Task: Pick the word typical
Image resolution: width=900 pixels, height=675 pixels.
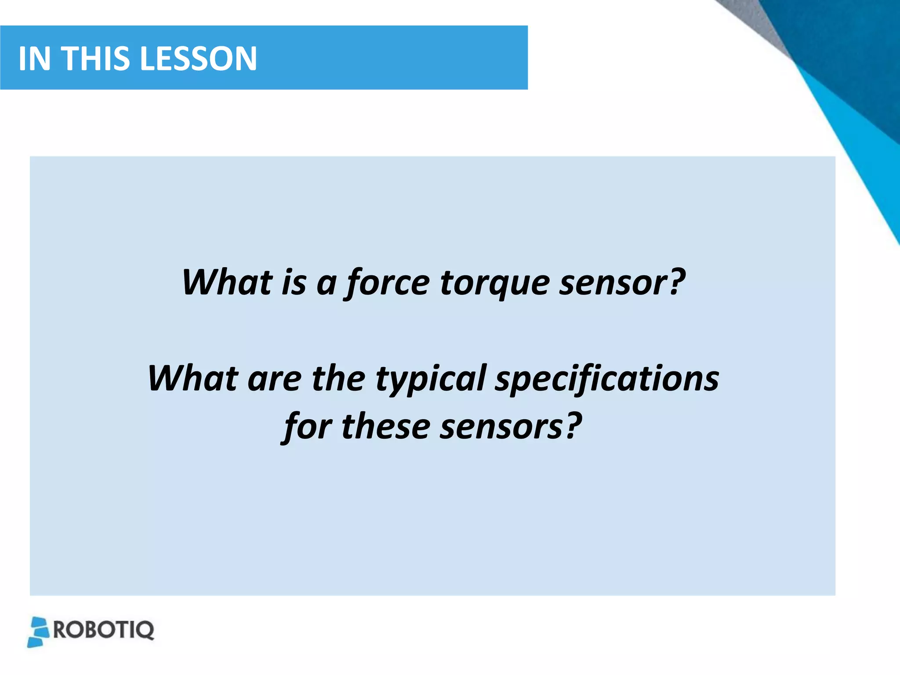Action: tap(431, 379)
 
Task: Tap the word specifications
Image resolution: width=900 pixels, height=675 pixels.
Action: tap(607, 379)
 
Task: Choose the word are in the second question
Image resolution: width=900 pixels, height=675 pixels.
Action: tap(274, 379)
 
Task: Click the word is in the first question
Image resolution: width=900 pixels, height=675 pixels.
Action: tap(294, 283)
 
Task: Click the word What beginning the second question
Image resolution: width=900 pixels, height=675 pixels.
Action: tap(193, 378)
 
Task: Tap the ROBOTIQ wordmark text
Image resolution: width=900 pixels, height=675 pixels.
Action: tap(104, 630)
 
